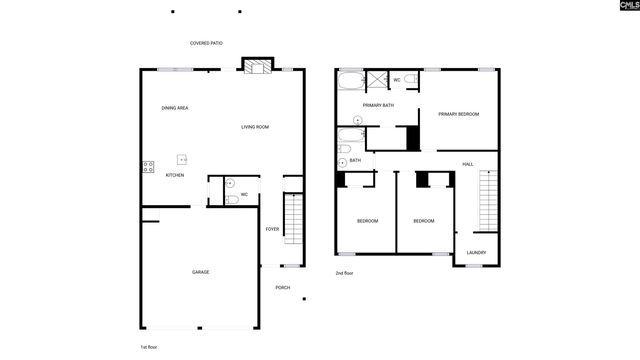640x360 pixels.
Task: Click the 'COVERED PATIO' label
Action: (206, 43)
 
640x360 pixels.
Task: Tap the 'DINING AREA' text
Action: (175, 108)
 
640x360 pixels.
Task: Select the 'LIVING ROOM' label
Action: (255, 127)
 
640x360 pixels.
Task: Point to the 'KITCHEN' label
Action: (175, 175)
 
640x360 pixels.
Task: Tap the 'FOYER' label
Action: (272, 229)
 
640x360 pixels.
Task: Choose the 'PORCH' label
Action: (283, 288)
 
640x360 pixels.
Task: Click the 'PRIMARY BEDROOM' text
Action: (459, 114)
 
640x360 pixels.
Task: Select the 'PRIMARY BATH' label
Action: (378, 104)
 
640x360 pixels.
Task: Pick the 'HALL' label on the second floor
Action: (467, 164)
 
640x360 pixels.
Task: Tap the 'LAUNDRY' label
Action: (476, 252)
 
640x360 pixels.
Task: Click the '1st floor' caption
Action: (149, 346)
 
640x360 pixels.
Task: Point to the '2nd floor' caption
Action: (344, 273)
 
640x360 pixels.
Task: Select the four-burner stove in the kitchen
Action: (148, 168)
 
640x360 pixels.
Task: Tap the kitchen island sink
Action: (183, 159)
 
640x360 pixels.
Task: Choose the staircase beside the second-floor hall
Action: (489, 201)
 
